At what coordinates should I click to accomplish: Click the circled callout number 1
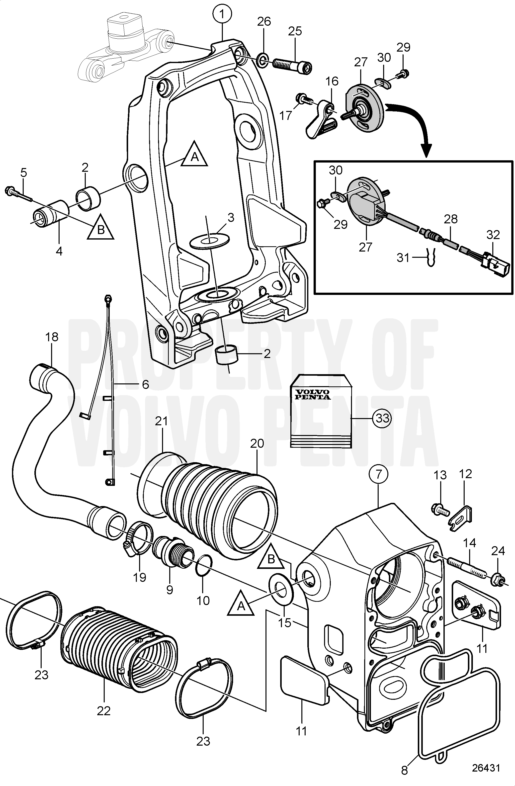222,14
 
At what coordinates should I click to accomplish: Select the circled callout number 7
379,474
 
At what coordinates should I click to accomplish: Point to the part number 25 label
295,32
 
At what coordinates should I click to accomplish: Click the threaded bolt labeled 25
289,62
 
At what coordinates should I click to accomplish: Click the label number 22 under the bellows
103,711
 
